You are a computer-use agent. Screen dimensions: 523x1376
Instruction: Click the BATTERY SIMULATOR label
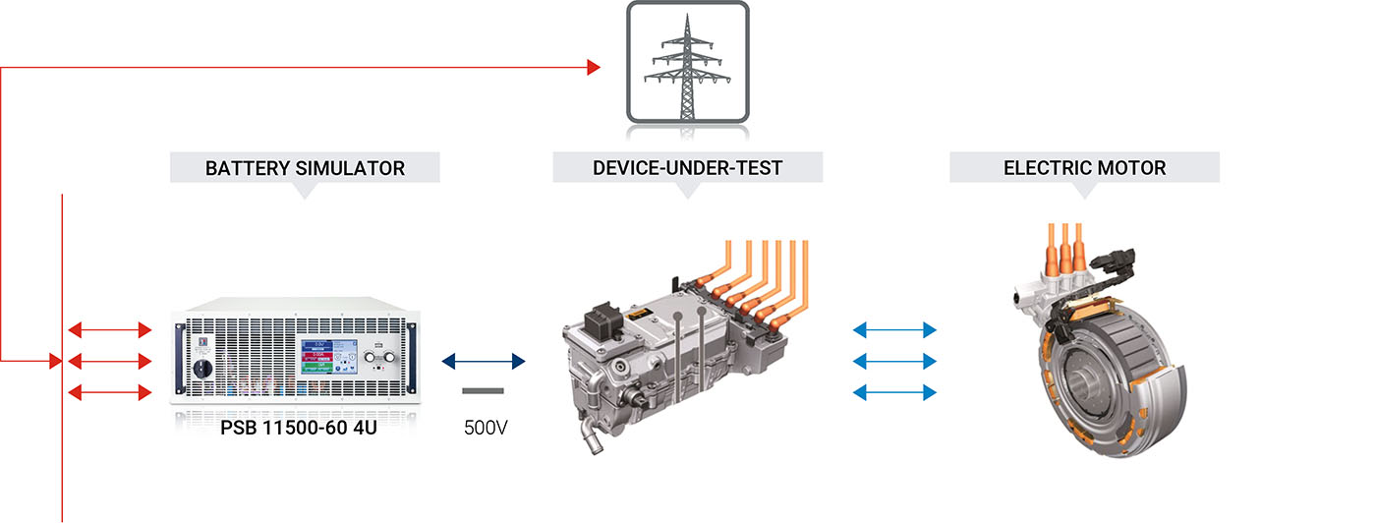pos(305,168)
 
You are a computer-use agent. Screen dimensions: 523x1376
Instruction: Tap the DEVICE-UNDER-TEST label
pos(687,168)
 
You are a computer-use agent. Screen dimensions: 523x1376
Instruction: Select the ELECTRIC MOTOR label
pos(1084,168)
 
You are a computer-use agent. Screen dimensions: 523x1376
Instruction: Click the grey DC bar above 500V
pos(483,391)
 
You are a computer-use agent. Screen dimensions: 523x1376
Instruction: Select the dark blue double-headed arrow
pos(484,362)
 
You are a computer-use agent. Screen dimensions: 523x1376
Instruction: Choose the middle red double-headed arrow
pos(110,361)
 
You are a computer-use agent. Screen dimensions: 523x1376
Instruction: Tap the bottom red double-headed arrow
pos(110,393)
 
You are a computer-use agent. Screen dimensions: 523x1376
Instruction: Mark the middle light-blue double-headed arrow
pos(895,361)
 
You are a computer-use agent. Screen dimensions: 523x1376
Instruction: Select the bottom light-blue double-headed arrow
pos(895,393)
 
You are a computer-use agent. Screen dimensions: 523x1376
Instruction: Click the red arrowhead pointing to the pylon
pos(594,67)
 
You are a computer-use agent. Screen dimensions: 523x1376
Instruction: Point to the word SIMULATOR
pos(350,168)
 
